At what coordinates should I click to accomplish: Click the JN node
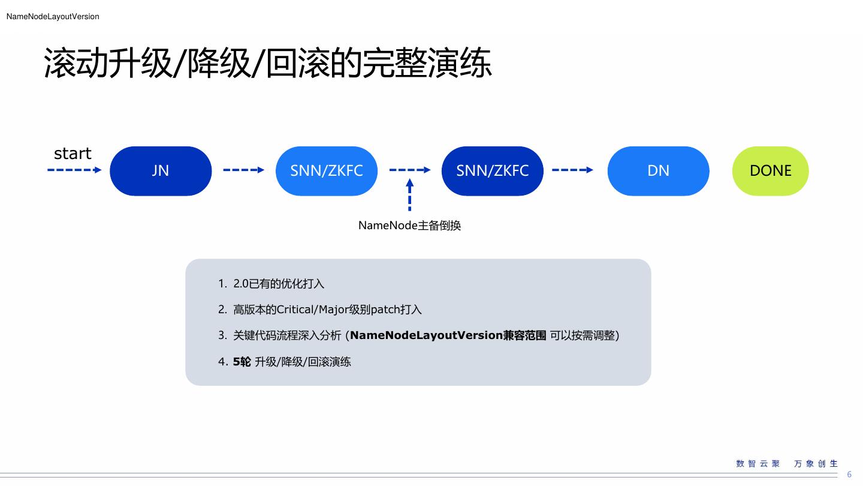pyautogui.click(x=161, y=171)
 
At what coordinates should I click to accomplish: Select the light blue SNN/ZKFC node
pyautogui.click(x=327, y=171)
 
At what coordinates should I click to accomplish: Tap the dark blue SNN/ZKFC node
pyautogui.click(x=493, y=171)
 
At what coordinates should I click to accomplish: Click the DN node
pyautogui.click(x=658, y=171)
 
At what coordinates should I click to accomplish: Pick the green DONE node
pyautogui.click(x=770, y=171)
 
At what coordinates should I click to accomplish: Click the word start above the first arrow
pyautogui.click(x=73, y=154)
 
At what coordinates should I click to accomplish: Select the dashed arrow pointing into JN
pyautogui.click(x=74, y=170)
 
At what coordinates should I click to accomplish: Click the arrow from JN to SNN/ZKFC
pyautogui.click(x=243, y=170)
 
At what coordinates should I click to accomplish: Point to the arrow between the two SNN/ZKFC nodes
pyautogui.click(x=410, y=170)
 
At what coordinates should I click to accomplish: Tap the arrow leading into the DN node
pyautogui.click(x=572, y=170)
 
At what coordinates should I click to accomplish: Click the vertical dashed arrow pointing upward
pyautogui.click(x=410, y=196)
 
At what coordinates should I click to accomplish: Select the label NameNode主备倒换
pyautogui.click(x=409, y=226)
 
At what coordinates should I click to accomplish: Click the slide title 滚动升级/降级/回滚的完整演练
pyautogui.click(x=268, y=64)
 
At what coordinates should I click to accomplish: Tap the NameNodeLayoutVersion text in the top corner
pyautogui.click(x=53, y=17)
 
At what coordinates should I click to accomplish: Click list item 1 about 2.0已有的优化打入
pyautogui.click(x=278, y=284)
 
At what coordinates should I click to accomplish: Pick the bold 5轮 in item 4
pyautogui.click(x=242, y=362)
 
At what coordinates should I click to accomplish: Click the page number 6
pyautogui.click(x=849, y=475)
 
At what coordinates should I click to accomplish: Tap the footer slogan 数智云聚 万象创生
pyautogui.click(x=787, y=464)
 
